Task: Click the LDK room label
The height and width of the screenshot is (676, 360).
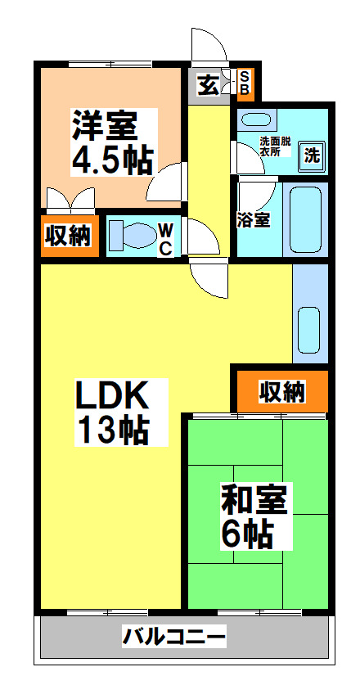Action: point(112,397)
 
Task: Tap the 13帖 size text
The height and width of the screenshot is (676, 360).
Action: point(112,430)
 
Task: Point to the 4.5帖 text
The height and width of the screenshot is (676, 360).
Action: point(111,159)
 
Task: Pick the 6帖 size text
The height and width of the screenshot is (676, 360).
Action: point(246,534)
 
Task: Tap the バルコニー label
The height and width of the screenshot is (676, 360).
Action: point(174,636)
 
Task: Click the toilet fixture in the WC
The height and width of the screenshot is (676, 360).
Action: point(131,235)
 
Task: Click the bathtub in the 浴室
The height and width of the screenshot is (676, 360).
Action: point(307,218)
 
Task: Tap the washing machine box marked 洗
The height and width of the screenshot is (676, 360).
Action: point(313,153)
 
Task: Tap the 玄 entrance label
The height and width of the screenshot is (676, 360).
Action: point(209,84)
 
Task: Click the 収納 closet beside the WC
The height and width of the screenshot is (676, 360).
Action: point(67,236)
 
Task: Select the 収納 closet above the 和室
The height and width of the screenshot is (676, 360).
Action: point(281,392)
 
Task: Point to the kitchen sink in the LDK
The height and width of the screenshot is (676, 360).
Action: point(309,328)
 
